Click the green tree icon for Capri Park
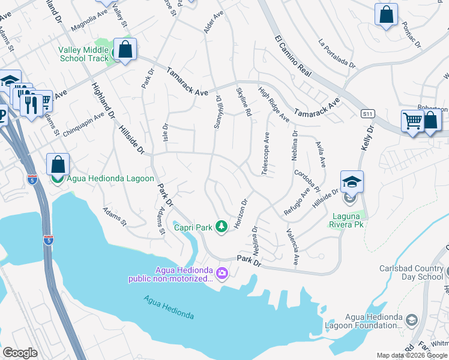[222, 226]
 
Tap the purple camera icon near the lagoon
[223, 274]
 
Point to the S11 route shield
[367, 113]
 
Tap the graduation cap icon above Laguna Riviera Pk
[352, 182]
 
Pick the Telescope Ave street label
[265, 154]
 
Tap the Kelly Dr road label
[367, 138]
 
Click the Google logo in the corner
[20, 353]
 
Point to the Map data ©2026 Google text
[411, 355]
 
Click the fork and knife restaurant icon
[31, 105]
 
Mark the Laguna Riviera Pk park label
[347, 220]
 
